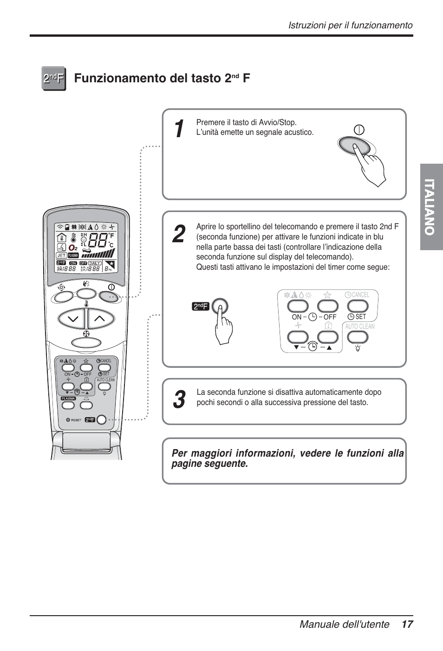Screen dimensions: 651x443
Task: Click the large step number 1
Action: (x=177, y=129)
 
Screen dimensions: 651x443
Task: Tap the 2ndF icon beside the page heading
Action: (x=53, y=78)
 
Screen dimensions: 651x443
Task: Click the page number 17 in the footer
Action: (x=407, y=624)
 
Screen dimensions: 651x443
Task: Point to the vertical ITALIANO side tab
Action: (x=431, y=207)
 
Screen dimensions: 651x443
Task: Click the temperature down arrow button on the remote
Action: (x=72, y=319)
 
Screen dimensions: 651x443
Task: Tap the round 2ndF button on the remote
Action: (x=101, y=419)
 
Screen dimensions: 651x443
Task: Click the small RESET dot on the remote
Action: (x=68, y=420)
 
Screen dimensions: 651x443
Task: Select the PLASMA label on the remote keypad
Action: (x=68, y=399)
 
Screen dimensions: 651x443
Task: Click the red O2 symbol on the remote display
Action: (x=73, y=248)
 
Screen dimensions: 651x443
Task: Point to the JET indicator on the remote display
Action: (x=61, y=255)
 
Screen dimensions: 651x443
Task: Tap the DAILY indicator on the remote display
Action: (x=95, y=263)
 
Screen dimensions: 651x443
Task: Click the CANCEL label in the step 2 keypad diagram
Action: (x=360, y=295)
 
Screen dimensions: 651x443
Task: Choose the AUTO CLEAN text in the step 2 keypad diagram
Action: (x=359, y=326)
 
